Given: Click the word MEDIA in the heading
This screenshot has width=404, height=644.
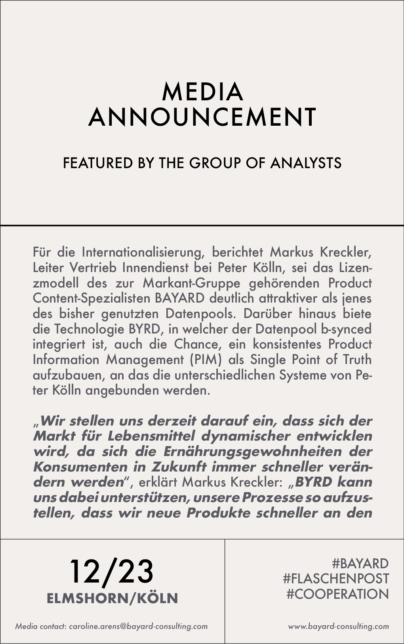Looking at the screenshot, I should pyautogui.click(x=202, y=92).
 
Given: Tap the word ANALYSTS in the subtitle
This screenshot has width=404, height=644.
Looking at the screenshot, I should pyautogui.click(x=306, y=163).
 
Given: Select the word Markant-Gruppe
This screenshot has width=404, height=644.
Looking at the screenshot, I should pyautogui.click(x=192, y=283).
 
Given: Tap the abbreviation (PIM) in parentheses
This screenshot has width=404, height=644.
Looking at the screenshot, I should pyautogui.click(x=206, y=360).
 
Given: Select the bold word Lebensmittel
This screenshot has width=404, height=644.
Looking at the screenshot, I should pyautogui.click(x=151, y=436).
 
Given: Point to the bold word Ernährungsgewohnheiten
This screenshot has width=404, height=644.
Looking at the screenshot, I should pyautogui.click(x=252, y=452).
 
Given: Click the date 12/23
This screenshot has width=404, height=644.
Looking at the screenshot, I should pyautogui.click(x=112, y=572).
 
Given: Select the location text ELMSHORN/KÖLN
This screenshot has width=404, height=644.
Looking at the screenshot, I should pyautogui.click(x=112, y=598).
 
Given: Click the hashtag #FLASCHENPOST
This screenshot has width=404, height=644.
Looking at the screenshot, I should pyautogui.click(x=336, y=579).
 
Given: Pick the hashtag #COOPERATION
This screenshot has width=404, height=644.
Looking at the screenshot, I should pyautogui.click(x=337, y=594).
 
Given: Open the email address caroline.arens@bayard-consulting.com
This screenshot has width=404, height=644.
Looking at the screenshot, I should pyautogui.click(x=138, y=627).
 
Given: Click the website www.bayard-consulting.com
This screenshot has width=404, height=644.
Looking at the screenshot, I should pyautogui.click(x=338, y=627).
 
